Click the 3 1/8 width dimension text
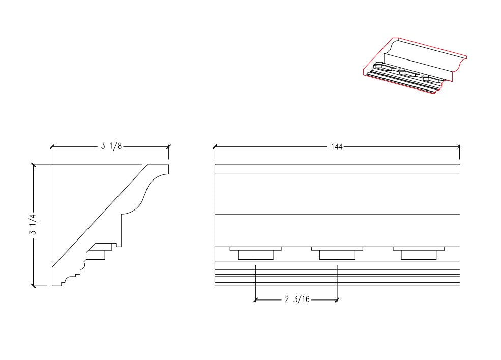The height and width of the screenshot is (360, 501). pos(111,146)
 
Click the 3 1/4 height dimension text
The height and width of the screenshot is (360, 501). pos(34,225)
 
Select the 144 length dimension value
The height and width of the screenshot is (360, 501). pos(337,146)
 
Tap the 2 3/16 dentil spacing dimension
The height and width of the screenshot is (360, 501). pos(297,299)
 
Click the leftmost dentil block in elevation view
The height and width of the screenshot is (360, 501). pos(255,253)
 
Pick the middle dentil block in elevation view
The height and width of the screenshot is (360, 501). pos(337,253)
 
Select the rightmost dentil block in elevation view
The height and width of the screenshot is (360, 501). pos(418,253)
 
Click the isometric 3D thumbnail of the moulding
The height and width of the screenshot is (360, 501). pos(414,66)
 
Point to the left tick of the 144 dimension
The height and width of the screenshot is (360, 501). pos(215,146)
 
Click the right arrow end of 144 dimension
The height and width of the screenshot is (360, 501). pos(459,146)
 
